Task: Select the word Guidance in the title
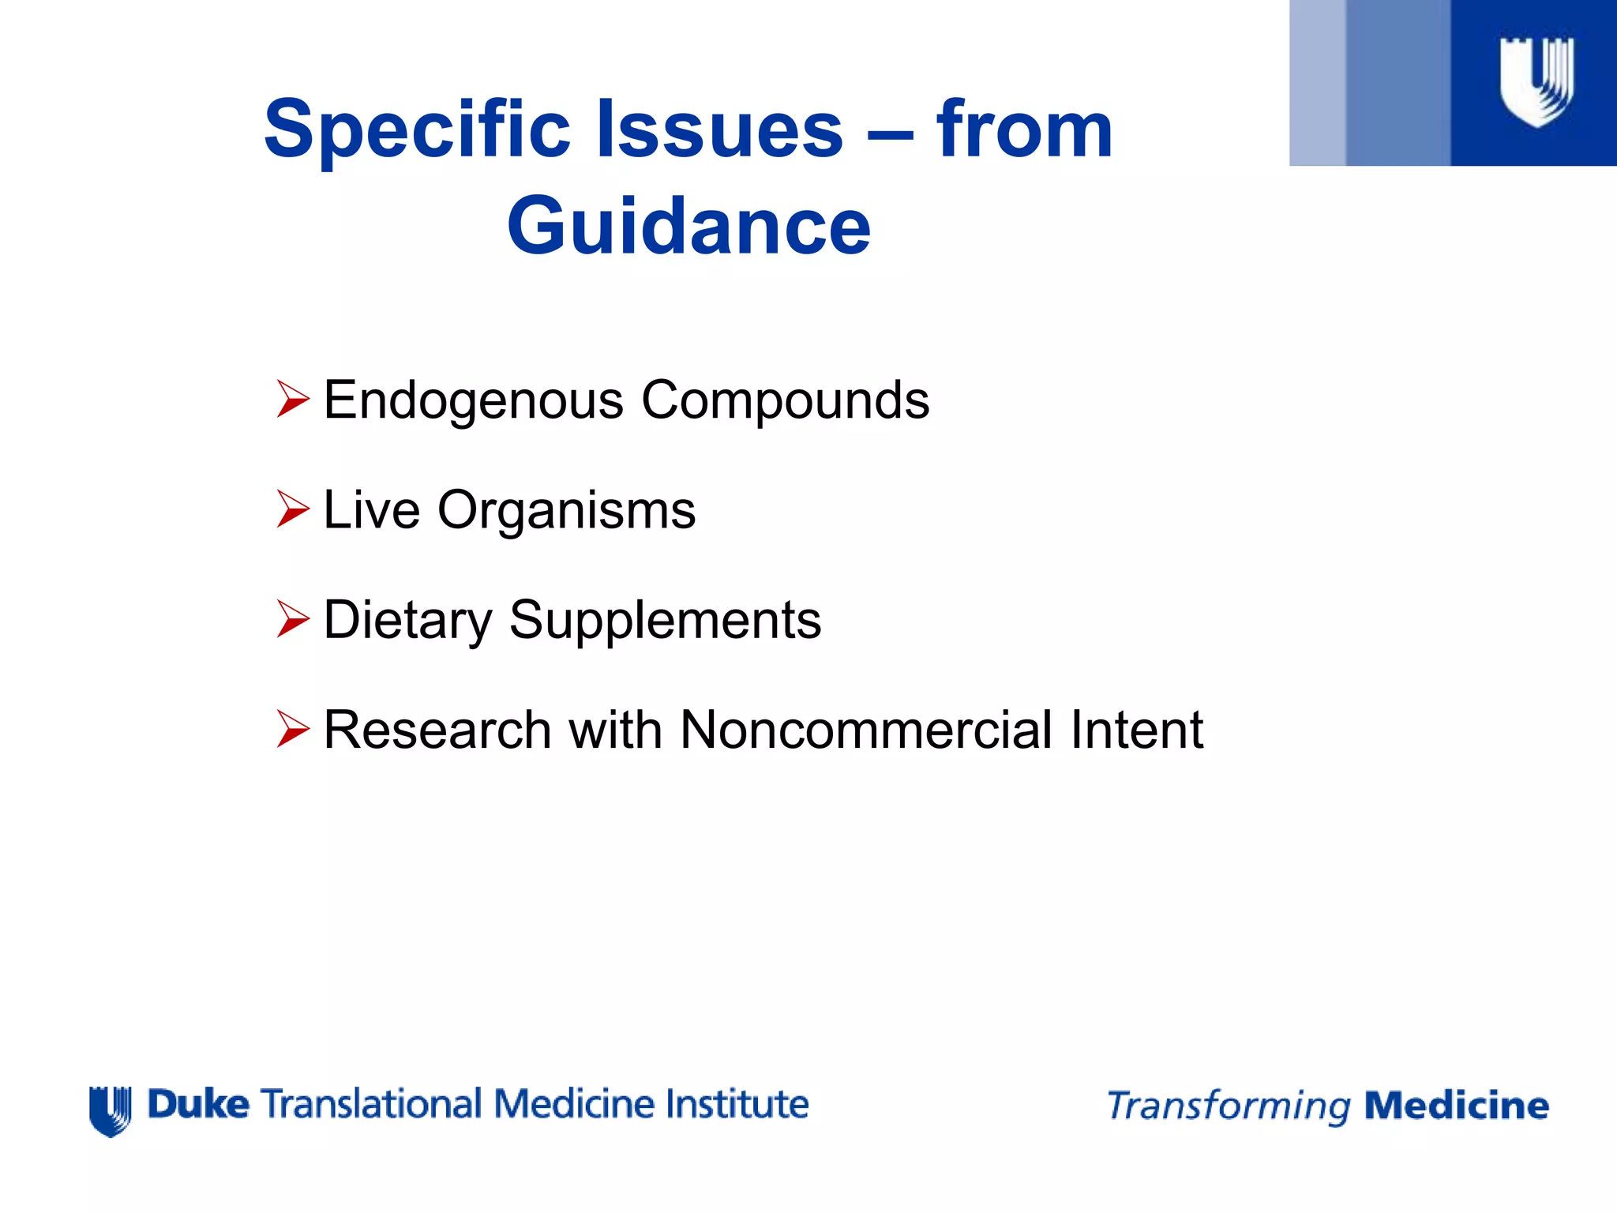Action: tap(688, 227)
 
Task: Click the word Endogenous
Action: tap(474, 401)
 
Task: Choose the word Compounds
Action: tap(785, 401)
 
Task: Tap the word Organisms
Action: tap(566, 511)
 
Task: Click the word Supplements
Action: tap(665, 621)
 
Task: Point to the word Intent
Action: tap(1136, 730)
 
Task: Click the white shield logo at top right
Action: tap(1536, 81)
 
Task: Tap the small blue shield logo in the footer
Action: tap(110, 1110)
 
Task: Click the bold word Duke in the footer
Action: tap(198, 1104)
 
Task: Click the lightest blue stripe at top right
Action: tap(1317, 83)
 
